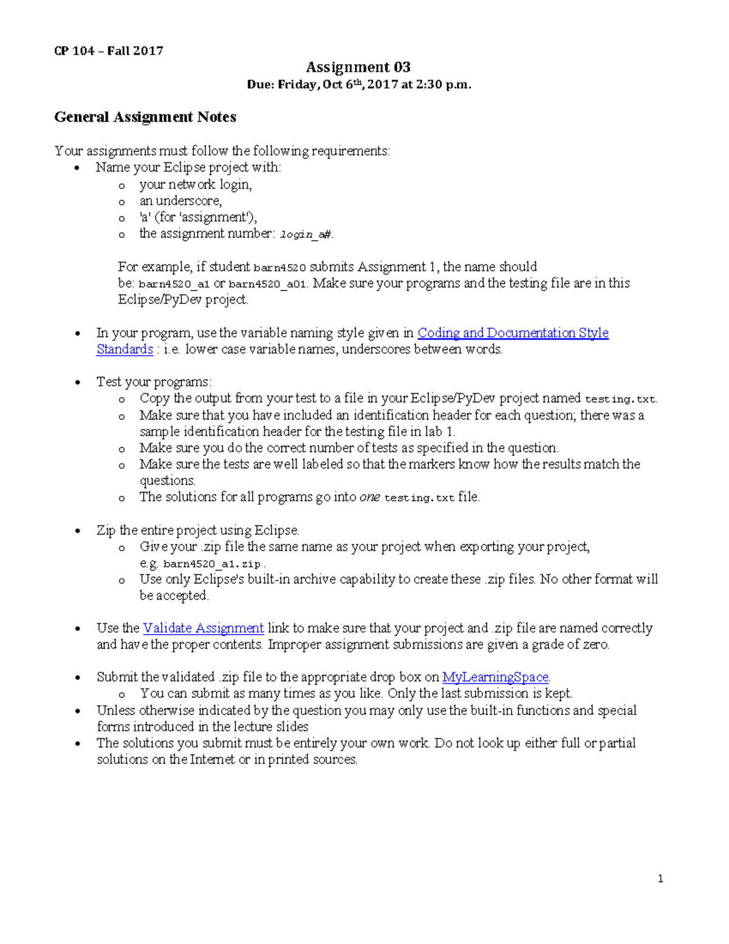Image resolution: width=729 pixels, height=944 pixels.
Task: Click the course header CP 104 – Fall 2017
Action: click(109, 51)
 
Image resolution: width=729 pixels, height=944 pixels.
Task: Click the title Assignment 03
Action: click(358, 67)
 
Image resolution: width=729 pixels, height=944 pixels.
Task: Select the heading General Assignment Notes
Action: click(145, 117)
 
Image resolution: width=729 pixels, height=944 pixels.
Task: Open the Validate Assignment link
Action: click(203, 628)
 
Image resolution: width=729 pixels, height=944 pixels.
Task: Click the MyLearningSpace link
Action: click(495, 677)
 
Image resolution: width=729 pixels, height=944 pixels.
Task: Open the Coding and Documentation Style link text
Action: click(513, 332)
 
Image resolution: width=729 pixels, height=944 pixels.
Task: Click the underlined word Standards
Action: click(125, 349)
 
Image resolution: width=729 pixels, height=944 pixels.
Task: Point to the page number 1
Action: click(660, 878)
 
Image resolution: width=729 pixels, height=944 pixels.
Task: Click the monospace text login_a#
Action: click(306, 234)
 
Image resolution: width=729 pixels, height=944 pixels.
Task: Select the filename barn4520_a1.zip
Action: click(212, 563)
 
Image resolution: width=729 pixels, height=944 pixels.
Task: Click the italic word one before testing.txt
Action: click(369, 497)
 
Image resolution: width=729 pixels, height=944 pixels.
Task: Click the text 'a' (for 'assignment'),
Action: click(198, 217)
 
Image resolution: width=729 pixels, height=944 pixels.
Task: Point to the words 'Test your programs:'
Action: click(154, 382)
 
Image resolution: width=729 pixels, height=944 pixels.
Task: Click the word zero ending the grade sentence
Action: click(595, 644)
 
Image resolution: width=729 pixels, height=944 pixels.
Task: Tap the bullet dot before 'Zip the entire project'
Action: click(77, 531)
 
